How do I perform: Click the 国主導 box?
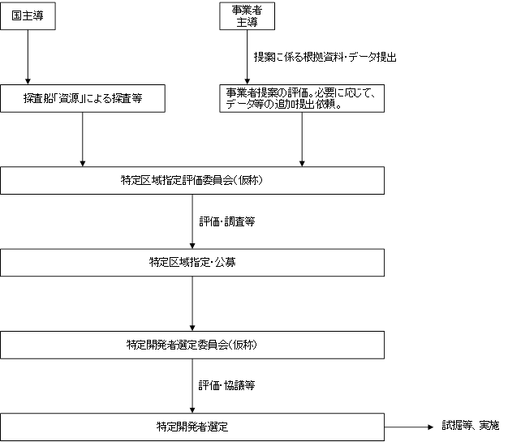[x=28, y=16]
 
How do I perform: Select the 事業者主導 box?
[x=248, y=16]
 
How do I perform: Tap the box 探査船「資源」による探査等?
[x=83, y=98]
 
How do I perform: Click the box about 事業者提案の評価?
[x=302, y=98]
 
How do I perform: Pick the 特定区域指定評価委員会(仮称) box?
[x=192, y=181]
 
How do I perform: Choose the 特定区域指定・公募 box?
[x=192, y=263]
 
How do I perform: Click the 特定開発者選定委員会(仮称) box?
[x=192, y=345]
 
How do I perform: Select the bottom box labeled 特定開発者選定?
[x=192, y=427]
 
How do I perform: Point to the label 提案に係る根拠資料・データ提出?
[x=325, y=57]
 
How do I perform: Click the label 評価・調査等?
[x=226, y=221]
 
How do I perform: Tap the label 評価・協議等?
[x=226, y=385]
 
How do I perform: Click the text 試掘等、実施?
[x=471, y=425]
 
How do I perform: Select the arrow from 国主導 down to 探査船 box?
[x=28, y=58]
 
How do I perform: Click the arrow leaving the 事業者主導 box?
[x=248, y=58]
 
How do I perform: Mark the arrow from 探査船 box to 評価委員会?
[x=83, y=139]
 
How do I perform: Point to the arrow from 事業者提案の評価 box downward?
[x=302, y=139]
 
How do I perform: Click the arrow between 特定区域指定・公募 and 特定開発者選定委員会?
[x=192, y=304]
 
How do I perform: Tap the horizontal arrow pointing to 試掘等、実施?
[x=409, y=427]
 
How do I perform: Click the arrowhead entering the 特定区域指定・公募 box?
[x=192, y=246]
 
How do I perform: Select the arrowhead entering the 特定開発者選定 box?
[x=192, y=410]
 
